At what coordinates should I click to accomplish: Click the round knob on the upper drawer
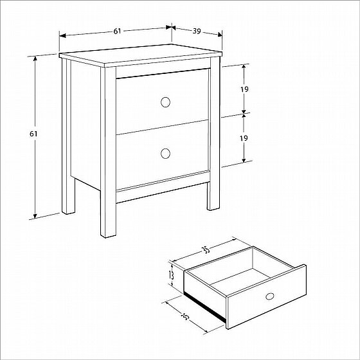pos(165,102)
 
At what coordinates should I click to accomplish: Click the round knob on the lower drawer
pos(165,154)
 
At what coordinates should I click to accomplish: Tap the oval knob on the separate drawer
pos(270,296)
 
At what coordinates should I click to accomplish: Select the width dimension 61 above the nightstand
pos(117,31)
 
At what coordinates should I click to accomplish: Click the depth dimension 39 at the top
pos(197,31)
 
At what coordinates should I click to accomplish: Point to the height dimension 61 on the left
pos(33,134)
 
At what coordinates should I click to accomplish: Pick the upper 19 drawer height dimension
pos(244,89)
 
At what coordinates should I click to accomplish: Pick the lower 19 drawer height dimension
pos(244,138)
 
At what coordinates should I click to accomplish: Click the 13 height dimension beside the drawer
pos(171,275)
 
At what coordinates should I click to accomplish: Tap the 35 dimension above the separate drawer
pos(206,250)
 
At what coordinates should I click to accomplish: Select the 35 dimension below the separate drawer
pos(185,317)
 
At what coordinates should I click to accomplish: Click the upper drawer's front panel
pos(163,102)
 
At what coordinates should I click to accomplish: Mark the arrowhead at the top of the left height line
pos(35,59)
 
